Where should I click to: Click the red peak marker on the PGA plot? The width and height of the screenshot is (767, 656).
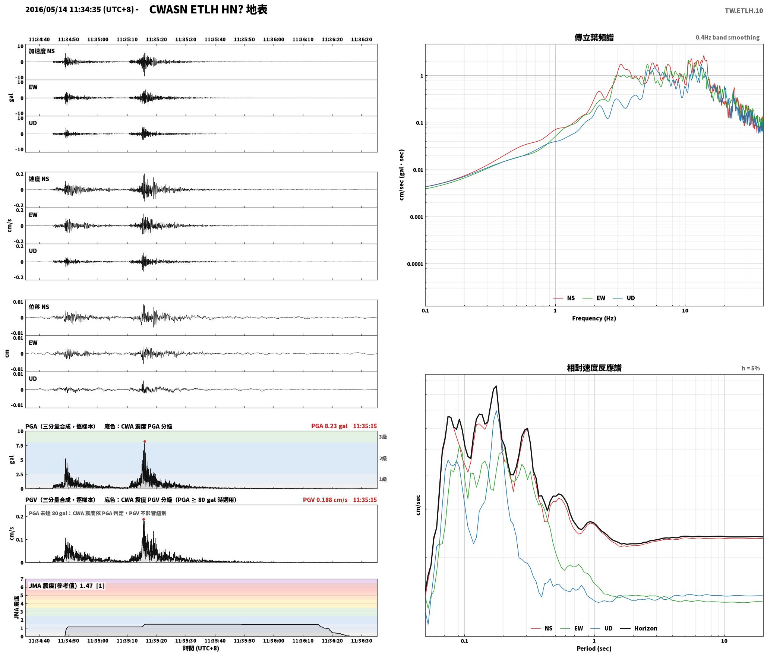click(x=145, y=442)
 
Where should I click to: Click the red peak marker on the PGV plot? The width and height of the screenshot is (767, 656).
click(x=143, y=520)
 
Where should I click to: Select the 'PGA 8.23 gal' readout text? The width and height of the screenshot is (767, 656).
click(x=329, y=426)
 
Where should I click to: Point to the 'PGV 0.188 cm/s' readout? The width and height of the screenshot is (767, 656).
click(x=325, y=500)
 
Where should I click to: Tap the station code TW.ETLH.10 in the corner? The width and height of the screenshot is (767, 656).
click(x=744, y=11)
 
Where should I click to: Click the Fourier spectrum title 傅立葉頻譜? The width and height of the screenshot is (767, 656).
click(x=594, y=38)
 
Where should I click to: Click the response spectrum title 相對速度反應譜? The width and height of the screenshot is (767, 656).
click(x=594, y=368)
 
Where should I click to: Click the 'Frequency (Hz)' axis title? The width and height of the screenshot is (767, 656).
click(x=594, y=318)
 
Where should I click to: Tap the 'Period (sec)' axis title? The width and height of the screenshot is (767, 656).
click(x=594, y=649)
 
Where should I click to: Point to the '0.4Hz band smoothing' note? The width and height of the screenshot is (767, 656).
click(x=727, y=38)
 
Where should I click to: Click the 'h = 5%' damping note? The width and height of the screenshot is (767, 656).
click(x=751, y=368)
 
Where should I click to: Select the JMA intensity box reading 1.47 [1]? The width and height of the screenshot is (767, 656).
click(x=66, y=586)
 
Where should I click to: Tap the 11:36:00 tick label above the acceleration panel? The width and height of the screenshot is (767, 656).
click(x=274, y=40)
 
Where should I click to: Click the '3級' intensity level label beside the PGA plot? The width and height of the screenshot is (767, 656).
click(x=383, y=437)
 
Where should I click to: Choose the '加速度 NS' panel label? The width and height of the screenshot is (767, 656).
click(x=42, y=51)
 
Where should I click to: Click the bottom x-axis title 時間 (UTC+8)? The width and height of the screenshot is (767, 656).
click(x=201, y=648)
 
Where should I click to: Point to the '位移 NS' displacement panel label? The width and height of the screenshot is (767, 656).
click(x=39, y=307)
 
